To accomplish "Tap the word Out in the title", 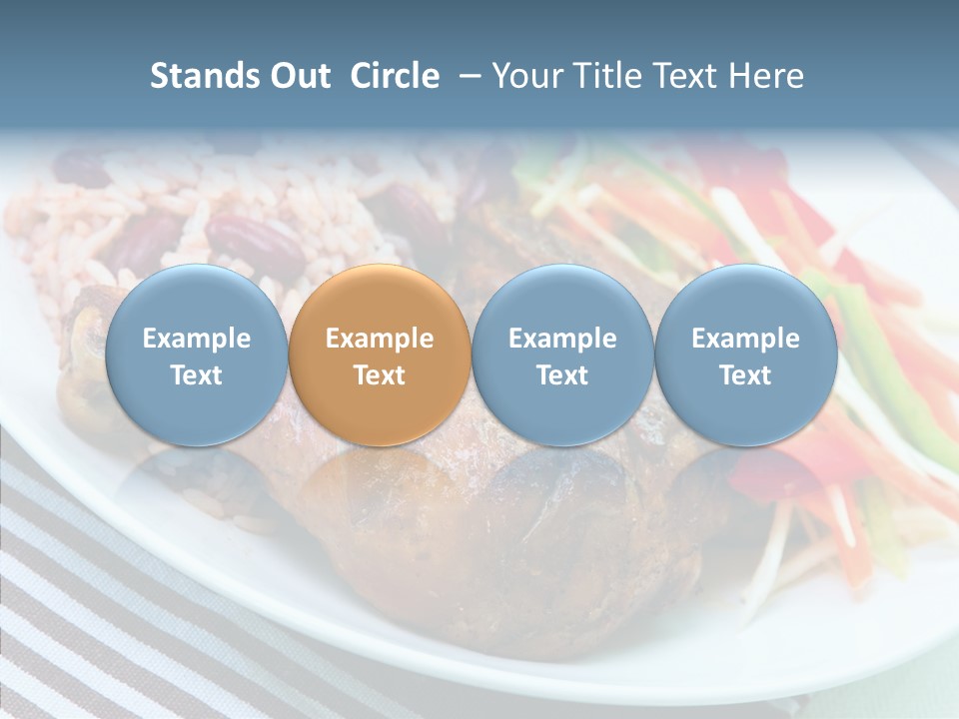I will point(298,76).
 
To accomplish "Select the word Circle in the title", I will point(395,76).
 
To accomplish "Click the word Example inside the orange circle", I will point(380,339).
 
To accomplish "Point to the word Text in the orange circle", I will point(380,375).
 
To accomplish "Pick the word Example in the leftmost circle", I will point(196,339).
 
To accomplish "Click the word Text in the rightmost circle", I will point(745,375).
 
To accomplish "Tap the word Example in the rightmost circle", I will point(745,339).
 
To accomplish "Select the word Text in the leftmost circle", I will point(196,375).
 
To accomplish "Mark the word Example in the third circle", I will point(562,339).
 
